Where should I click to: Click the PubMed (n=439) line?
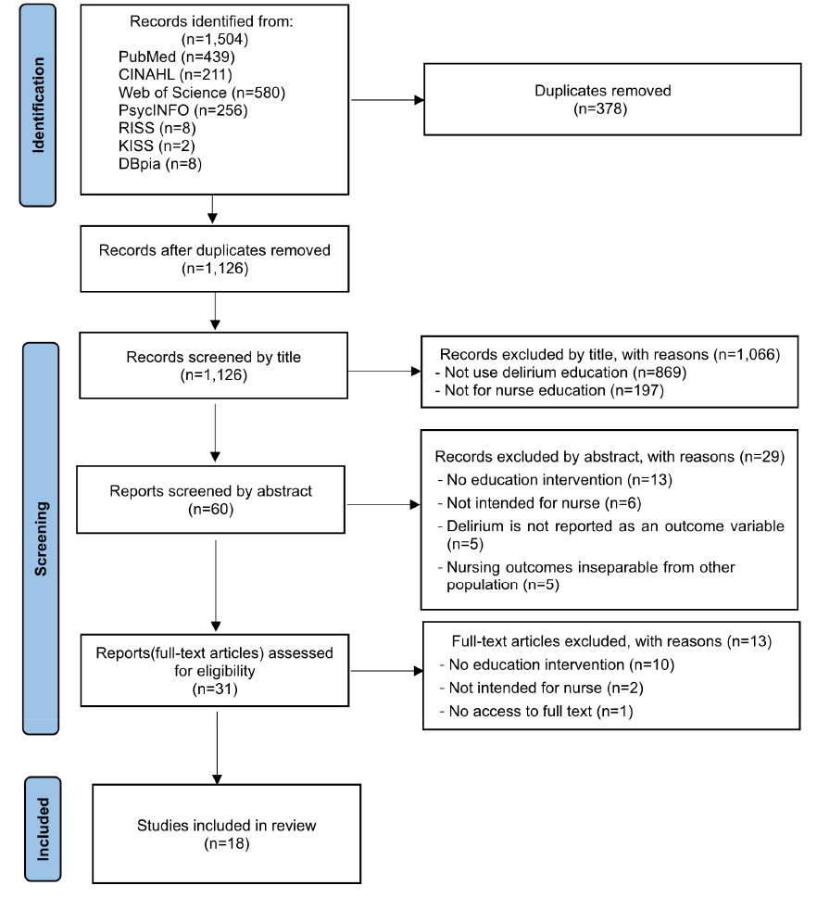(176, 57)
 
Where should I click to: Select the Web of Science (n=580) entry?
(202, 92)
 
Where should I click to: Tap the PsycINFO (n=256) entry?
(182, 110)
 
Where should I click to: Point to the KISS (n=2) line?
(157, 145)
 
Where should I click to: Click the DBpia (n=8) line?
(159, 164)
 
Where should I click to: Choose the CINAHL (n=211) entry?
(175, 74)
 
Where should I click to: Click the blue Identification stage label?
(38, 105)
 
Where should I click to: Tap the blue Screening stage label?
(41, 538)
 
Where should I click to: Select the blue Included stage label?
(43, 828)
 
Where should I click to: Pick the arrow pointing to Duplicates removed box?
(387, 100)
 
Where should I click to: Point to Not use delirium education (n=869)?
(560, 373)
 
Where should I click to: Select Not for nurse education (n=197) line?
(549, 390)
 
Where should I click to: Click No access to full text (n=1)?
(536, 711)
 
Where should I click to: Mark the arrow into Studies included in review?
(217, 748)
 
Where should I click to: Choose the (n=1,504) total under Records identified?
(215, 39)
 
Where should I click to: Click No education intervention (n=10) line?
(557, 664)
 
